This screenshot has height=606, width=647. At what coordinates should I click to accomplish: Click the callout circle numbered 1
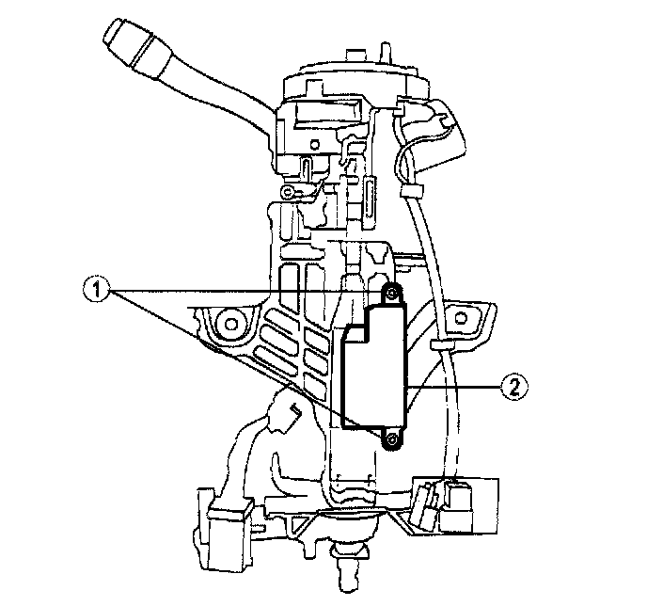pos(97,290)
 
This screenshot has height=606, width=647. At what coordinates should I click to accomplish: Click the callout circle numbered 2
pos(514,387)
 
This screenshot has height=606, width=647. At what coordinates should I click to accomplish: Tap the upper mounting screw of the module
pos(392,293)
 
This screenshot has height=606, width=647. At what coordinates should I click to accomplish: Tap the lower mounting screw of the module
pos(391,441)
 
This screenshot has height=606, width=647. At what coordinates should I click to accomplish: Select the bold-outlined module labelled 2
pos(375,367)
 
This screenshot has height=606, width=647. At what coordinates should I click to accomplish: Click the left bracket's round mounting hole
pos(229,324)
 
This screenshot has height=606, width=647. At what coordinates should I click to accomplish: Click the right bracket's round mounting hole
pos(460,318)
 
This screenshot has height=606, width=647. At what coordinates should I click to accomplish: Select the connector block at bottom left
pos(229,533)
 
